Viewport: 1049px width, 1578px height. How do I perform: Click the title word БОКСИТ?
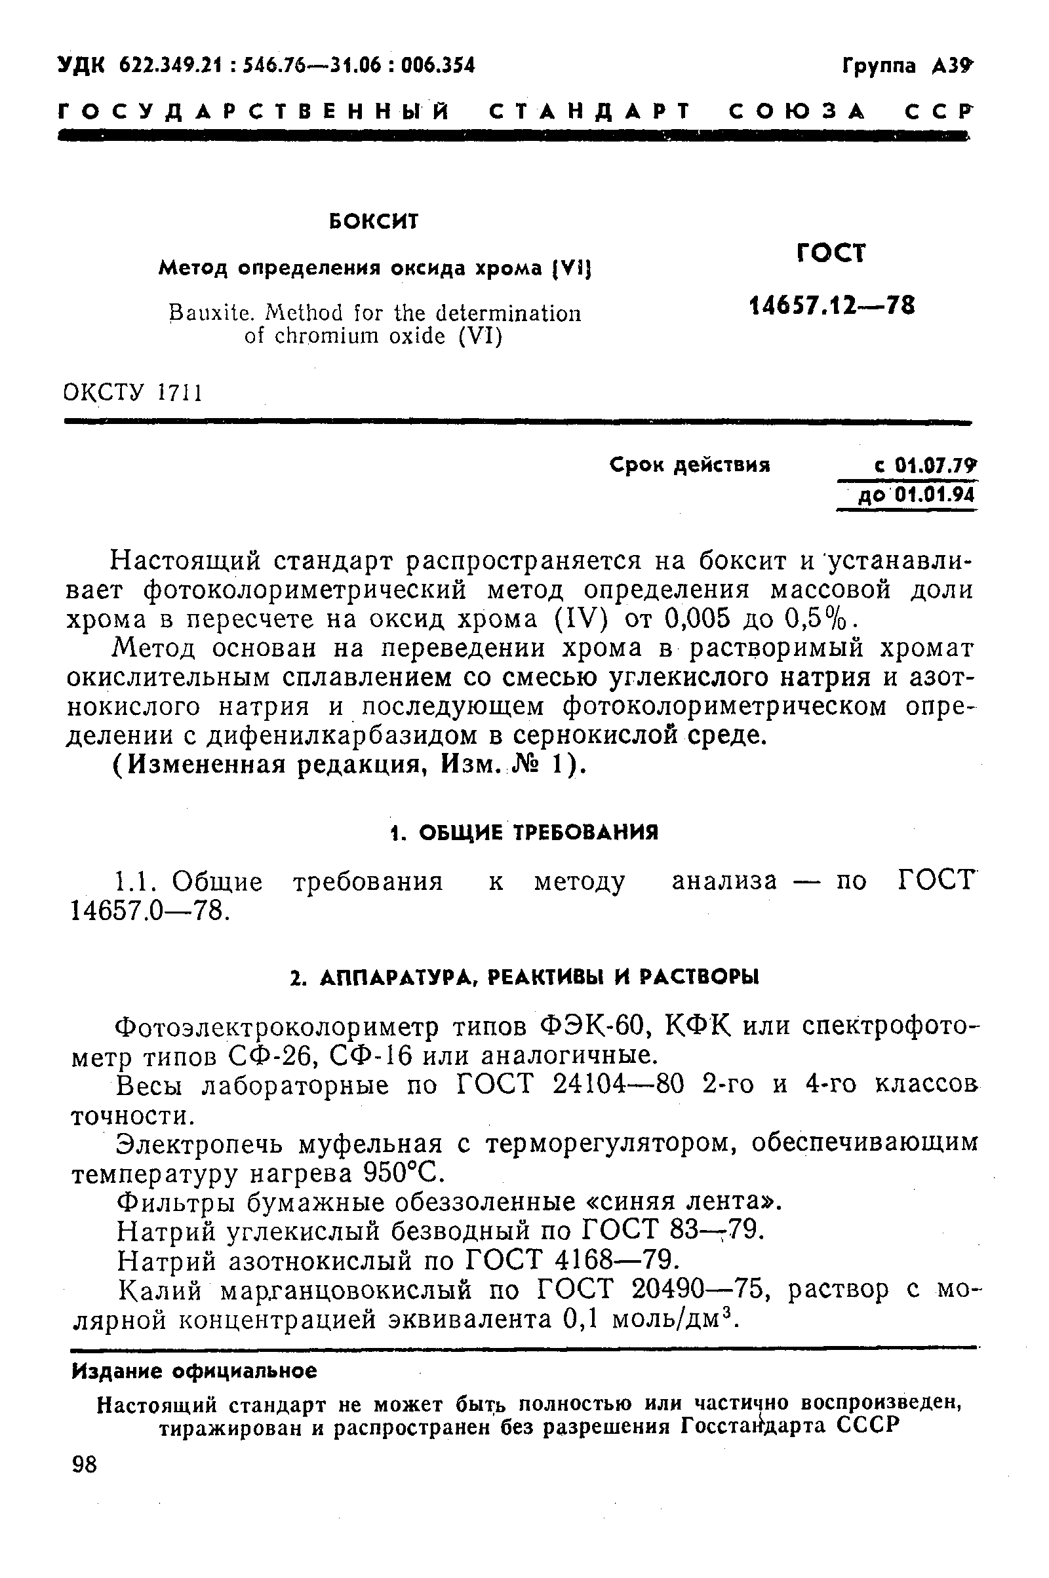(x=374, y=221)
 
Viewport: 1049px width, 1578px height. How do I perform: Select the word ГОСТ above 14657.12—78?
(x=831, y=254)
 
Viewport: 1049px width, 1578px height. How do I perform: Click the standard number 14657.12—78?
(x=831, y=305)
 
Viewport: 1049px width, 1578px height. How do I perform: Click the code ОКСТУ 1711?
(x=133, y=393)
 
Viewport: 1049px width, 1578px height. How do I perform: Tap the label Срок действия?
(x=690, y=465)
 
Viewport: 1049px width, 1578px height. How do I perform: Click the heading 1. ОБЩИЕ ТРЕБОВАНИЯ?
(x=524, y=832)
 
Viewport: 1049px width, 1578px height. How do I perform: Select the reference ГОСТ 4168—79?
(x=571, y=1260)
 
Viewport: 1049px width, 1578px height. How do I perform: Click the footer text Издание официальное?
(x=195, y=1372)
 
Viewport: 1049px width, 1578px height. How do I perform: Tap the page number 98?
(x=85, y=1465)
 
